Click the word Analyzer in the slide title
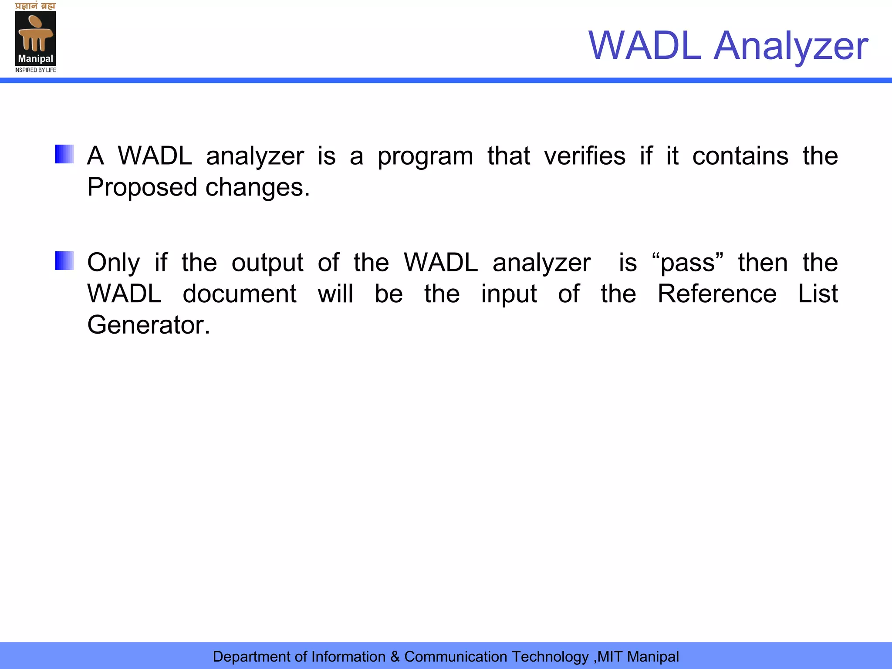tap(791, 46)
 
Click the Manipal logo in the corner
tap(35, 38)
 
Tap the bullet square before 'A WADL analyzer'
tap(64, 154)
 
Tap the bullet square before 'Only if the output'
tap(64, 260)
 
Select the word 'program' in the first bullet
tap(425, 157)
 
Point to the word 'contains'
tap(740, 156)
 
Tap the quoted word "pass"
tap(687, 263)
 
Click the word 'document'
tap(240, 294)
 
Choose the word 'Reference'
tap(717, 294)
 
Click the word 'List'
tap(818, 294)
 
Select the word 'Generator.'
tap(149, 325)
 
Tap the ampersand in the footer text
tap(395, 656)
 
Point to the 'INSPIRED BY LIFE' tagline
tap(35, 70)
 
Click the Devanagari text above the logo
tap(35, 6)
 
